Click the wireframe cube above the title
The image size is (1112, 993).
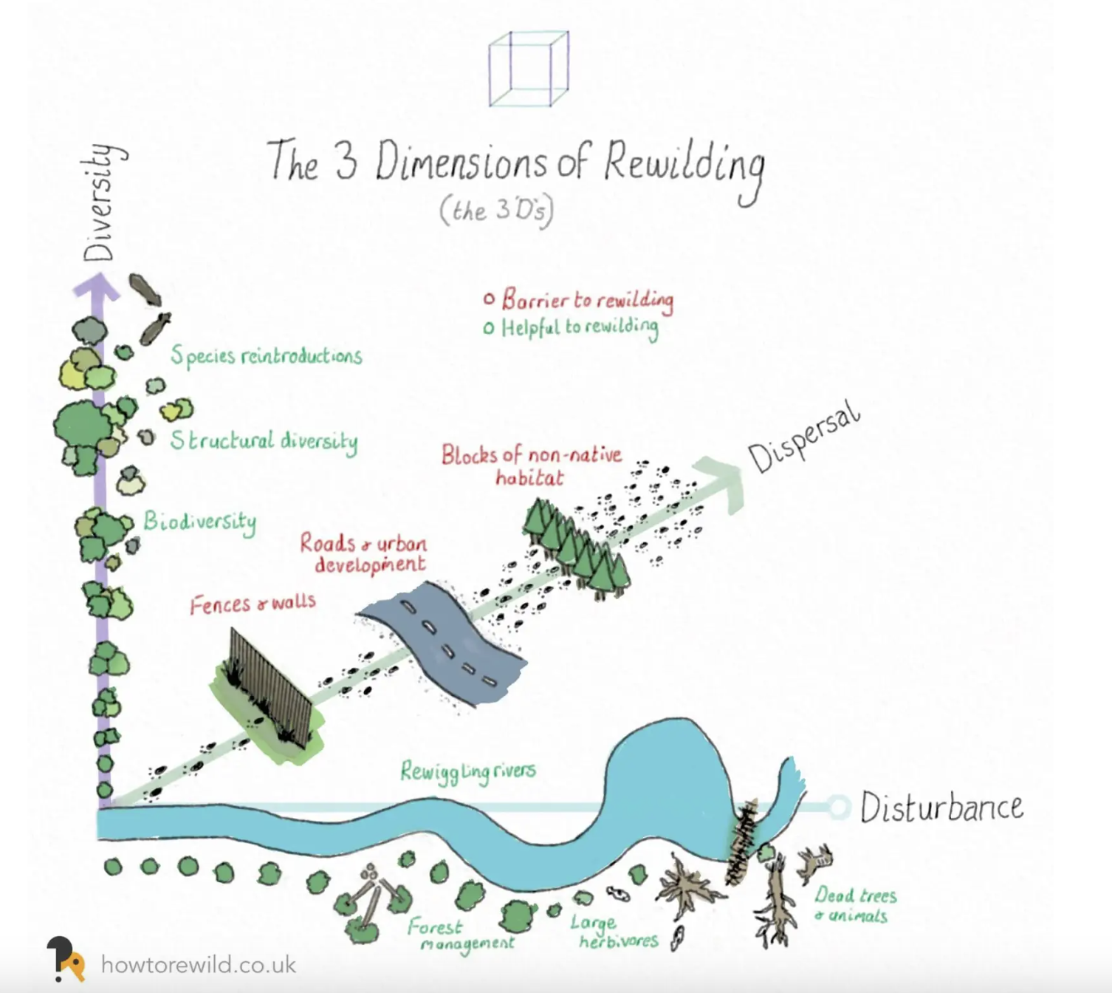click(529, 69)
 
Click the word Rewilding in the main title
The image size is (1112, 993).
click(683, 164)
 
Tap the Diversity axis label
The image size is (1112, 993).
click(100, 202)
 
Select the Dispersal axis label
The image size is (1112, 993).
click(804, 437)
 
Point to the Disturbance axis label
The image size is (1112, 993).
click(941, 808)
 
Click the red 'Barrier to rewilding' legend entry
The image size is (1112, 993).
click(579, 299)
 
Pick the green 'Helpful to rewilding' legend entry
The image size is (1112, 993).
click(572, 327)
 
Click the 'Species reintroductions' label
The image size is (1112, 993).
click(267, 356)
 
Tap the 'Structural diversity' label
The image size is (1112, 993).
click(264, 441)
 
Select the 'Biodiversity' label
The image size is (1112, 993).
click(199, 522)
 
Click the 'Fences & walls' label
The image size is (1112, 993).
click(253, 604)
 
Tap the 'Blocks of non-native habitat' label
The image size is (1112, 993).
click(531, 465)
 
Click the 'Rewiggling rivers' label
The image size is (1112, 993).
click(467, 771)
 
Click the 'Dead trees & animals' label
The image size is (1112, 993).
click(854, 905)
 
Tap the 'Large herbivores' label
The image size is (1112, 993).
click(613, 932)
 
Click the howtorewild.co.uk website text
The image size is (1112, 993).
click(198, 965)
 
